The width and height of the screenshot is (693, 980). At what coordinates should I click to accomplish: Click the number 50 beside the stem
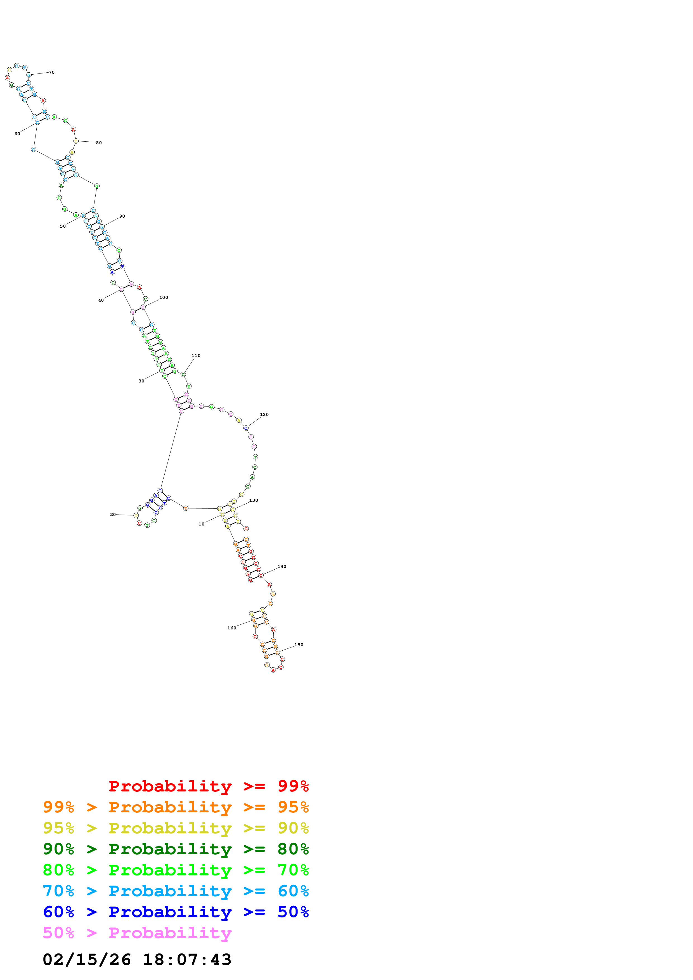coord(63,227)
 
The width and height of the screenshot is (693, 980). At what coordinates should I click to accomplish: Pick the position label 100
coord(164,298)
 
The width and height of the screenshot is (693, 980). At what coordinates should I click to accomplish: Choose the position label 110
coord(196,356)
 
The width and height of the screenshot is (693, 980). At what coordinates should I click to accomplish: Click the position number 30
coord(141,381)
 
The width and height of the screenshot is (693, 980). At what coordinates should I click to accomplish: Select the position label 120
coord(264,415)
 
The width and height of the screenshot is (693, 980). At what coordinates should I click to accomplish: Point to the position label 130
coord(254,500)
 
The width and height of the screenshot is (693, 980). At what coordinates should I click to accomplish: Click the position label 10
coord(201,524)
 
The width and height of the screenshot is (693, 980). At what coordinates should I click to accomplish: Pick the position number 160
coord(231,628)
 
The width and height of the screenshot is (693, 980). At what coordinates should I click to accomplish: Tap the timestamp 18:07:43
coord(187,960)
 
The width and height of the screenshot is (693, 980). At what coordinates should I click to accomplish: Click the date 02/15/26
coord(87,960)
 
